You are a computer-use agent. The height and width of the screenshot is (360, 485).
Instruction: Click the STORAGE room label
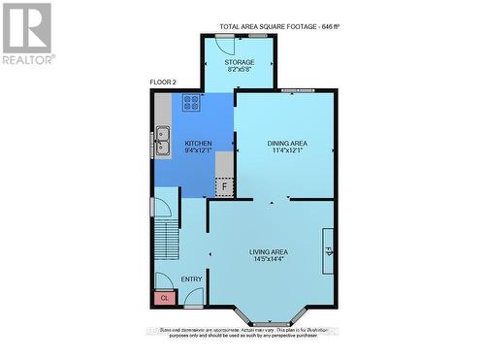tap(240, 62)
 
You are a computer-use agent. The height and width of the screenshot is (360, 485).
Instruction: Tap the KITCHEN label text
tap(198, 143)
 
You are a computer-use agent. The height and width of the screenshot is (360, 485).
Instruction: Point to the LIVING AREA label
tap(269, 251)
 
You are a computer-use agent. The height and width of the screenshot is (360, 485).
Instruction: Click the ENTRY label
tap(192, 279)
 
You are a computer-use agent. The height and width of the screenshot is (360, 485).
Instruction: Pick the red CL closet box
tap(165, 298)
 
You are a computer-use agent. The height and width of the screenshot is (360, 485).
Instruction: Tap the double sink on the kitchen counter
tap(162, 142)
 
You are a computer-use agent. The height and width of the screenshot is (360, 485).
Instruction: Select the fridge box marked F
tap(225, 187)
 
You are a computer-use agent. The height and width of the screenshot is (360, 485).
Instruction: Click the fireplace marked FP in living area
tap(328, 251)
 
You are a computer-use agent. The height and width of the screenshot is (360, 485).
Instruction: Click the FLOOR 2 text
tap(164, 82)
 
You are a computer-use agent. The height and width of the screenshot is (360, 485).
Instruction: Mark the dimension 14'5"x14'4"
tap(269, 260)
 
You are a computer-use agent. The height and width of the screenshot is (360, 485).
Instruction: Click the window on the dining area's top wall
tap(290, 91)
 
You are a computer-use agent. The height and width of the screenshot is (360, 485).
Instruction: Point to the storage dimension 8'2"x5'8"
tap(240, 70)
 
